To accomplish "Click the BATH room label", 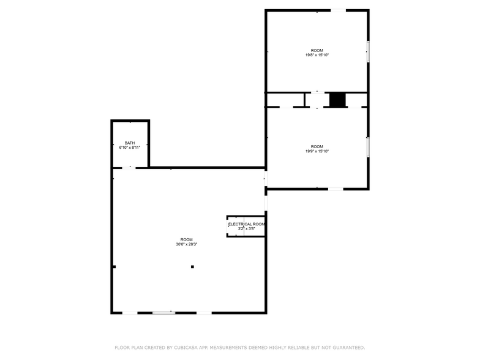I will [x=130, y=143].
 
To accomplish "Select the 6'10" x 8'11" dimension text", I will [x=130, y=148].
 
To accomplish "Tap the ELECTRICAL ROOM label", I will [x=247, y=224].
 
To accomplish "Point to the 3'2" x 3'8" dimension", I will [x=246, y=229].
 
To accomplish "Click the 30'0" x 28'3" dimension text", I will [x=186, y=244].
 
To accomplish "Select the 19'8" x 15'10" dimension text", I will [x=317, y=55].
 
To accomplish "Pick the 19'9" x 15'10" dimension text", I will [x=317, y=151].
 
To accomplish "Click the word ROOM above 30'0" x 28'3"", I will [x=186, y=239].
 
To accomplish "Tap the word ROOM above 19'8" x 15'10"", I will [x=317, y=50].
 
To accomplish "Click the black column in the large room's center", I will [x=192, y=267].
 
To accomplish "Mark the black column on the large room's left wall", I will [x=114, y=266].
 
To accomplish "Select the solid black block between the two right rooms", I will [x=337, y=100].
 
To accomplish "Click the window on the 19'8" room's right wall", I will [x=368, y=51].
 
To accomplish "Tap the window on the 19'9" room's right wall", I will [x=368, y=147].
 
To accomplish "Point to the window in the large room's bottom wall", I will [x=163, y=313].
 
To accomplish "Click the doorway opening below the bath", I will [x=130, y=167].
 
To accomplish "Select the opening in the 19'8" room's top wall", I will [x=339, y=10].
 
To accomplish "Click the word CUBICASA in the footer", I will [x=183, y=347].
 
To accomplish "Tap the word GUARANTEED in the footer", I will [x=347, y=347].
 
